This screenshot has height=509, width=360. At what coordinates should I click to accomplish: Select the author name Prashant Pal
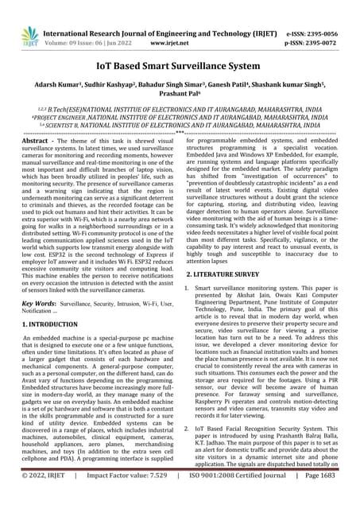click(179, 76)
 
